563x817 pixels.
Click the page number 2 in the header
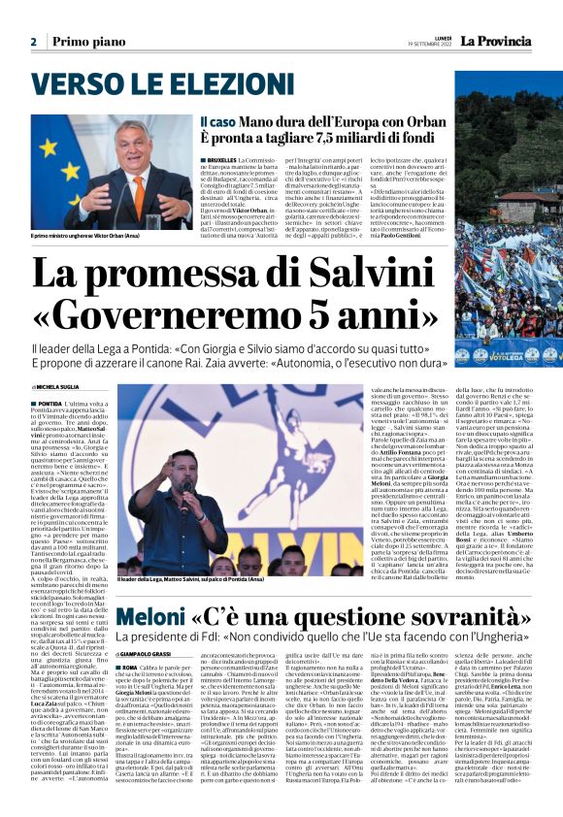pyautogui.click(x=33, y=42)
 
